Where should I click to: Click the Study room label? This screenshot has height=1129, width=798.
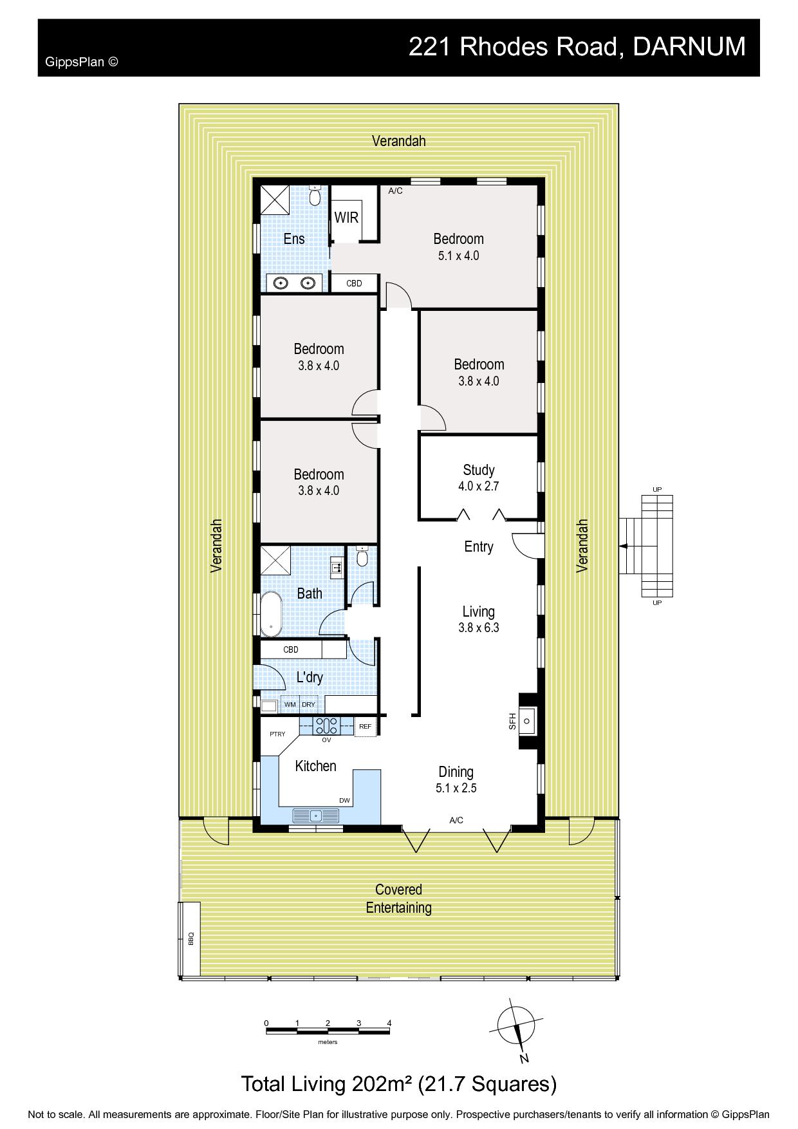click(478, 470)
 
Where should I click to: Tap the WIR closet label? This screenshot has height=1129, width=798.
click(346, 218)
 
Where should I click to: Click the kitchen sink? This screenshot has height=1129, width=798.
click(315, 816)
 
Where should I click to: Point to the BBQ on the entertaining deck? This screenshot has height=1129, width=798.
click(190, 938)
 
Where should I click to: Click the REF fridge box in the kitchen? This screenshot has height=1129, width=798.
click(365, 727)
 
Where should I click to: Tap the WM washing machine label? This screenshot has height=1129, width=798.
click(290, 705)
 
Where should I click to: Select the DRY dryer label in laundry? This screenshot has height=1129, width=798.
click(308, 705)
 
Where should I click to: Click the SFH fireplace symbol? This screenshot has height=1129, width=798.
click(528, 720)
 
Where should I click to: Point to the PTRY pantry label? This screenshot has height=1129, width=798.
click(277, 734)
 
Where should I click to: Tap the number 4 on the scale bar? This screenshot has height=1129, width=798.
click(389, 1023)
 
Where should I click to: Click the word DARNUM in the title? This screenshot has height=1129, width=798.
click(689, 47)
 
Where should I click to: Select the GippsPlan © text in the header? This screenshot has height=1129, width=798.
click(82, 62)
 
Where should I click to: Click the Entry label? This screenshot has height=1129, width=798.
click(479, 546)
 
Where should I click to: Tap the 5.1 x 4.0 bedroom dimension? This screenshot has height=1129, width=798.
click(458, 256)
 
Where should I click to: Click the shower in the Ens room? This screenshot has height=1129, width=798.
click(275, 200)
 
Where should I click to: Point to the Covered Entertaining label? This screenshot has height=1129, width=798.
click(399, 899)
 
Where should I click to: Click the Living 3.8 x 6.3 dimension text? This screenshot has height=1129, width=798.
click(479, 628)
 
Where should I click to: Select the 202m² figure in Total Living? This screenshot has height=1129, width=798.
click(382, 1084)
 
